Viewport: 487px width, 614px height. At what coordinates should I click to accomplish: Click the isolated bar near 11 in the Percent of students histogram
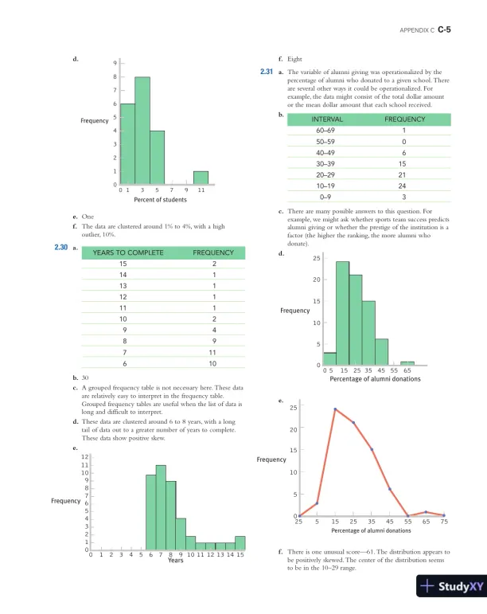coord(201,178)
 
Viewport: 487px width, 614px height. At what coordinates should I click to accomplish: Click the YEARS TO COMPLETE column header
coord(128,252)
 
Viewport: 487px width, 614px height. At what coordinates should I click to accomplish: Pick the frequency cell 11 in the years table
coord(212,351)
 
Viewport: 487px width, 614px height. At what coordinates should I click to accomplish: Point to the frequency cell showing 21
coord(404,174)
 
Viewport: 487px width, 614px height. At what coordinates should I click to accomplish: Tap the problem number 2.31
coord(267,72)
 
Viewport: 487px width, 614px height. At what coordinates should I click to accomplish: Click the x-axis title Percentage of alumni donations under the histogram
coord(375,379)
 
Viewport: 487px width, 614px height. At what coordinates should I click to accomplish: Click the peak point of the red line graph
coord(335,409)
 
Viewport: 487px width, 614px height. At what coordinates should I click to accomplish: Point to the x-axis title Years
coord(176,561)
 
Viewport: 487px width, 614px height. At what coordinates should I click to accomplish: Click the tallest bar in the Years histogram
coord(161,508)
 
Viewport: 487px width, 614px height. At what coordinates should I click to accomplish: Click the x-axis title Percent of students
coord(162,201)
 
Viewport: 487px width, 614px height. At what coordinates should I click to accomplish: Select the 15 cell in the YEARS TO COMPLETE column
coord(123,264)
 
